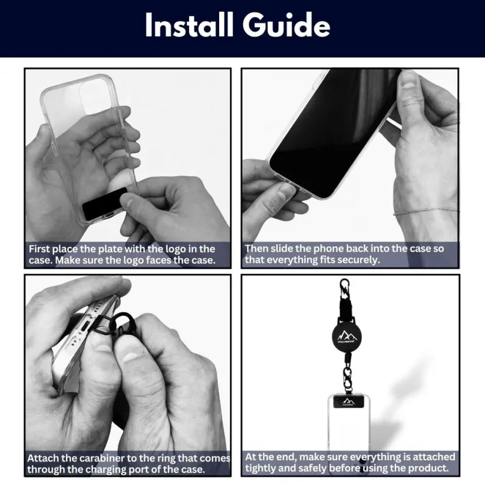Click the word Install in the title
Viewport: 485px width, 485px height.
(x=190, y=27)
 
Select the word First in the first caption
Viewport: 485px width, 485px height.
(x=41, y=249)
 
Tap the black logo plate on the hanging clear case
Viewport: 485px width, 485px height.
(x=348, y=402)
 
